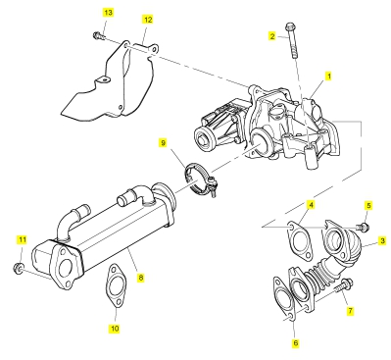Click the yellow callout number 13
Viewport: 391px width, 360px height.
tap(108, 13)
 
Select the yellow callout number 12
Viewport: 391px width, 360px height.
tap(148, 20)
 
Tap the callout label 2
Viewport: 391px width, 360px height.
tap(272, 35)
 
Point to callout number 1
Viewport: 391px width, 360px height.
tap(329, 77)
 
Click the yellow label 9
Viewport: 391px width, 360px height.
tap(164, 143)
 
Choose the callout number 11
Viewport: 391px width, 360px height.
tap(22, 240)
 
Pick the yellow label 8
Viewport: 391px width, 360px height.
tap(140, 278)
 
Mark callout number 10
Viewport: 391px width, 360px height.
tap(115, 329)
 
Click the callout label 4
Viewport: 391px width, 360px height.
tap(311, 205)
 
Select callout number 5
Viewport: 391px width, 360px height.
tap(368, 206)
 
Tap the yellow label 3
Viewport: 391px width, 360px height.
tap(382, 241)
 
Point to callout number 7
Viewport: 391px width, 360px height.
tap(350, 310)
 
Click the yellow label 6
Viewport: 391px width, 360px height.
tap(296, 343)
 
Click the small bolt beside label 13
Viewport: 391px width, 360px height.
tap(99, 36)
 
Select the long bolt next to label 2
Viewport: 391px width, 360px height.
tap(292, 40)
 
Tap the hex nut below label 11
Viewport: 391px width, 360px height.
tap(19, 267)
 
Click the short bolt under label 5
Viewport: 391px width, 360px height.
tap(364, 227)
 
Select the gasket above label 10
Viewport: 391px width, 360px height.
tap(115, 285)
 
